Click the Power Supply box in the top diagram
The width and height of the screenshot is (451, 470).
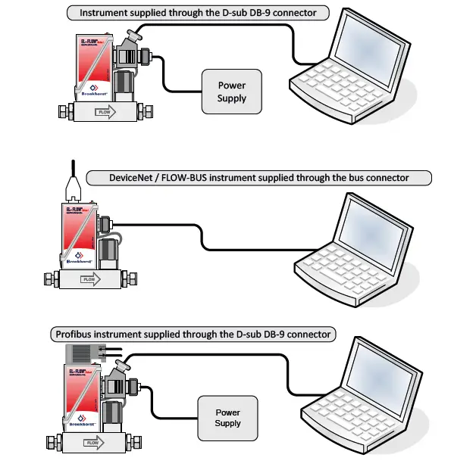231,92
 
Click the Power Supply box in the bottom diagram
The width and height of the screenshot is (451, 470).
227,418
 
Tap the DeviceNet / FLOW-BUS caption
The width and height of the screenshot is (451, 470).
258,178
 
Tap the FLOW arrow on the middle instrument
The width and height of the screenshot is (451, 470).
88,279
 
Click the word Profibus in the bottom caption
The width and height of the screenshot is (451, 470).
74,334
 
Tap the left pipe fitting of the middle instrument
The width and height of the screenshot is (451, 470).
49,279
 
